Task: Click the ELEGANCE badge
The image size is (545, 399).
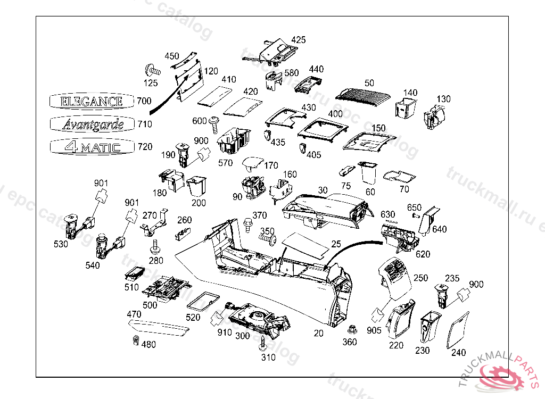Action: click(91, 101)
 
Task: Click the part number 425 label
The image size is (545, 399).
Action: click(299, 40)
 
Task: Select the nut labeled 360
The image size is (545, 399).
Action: click(351, 330)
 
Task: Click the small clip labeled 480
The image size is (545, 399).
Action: click(135, 340)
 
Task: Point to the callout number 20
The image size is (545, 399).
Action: click(318, 333)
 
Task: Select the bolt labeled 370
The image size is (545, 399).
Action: click(247, 223)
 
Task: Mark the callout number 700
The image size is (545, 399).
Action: click(144, 101)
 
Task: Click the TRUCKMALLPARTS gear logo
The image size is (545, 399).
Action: click(501, 376)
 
